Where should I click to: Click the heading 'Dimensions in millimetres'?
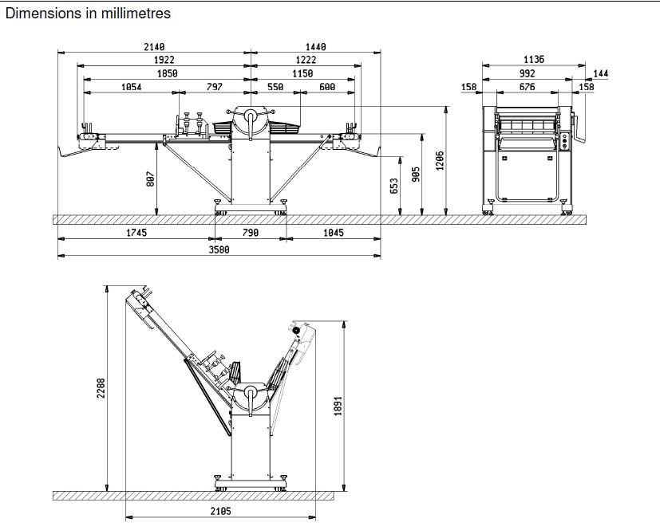tap(88, 14)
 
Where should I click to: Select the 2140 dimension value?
tap(154, 48)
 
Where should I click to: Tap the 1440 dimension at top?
tap(316, 48)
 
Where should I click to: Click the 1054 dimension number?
tap(132, 87)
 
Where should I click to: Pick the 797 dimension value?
tap(215, 87)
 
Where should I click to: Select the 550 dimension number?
tap(275, 87)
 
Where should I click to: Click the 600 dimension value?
tap(327, 87)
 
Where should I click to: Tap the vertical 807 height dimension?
tap(150, 180)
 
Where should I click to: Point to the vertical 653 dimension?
tap(393, 186)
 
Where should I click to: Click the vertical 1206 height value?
tap(440, 161)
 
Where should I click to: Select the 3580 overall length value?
tap(219, 249)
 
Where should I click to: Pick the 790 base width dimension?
tap(251, 233)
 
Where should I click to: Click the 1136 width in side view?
tap(534, 60)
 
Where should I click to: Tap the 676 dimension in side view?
tap(528, 87)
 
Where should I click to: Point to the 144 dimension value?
tap(601, 73)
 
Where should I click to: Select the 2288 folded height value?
tap(101, 390)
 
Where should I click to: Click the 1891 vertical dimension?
tap(338, 406)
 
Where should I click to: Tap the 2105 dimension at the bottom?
tap(220, 512)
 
